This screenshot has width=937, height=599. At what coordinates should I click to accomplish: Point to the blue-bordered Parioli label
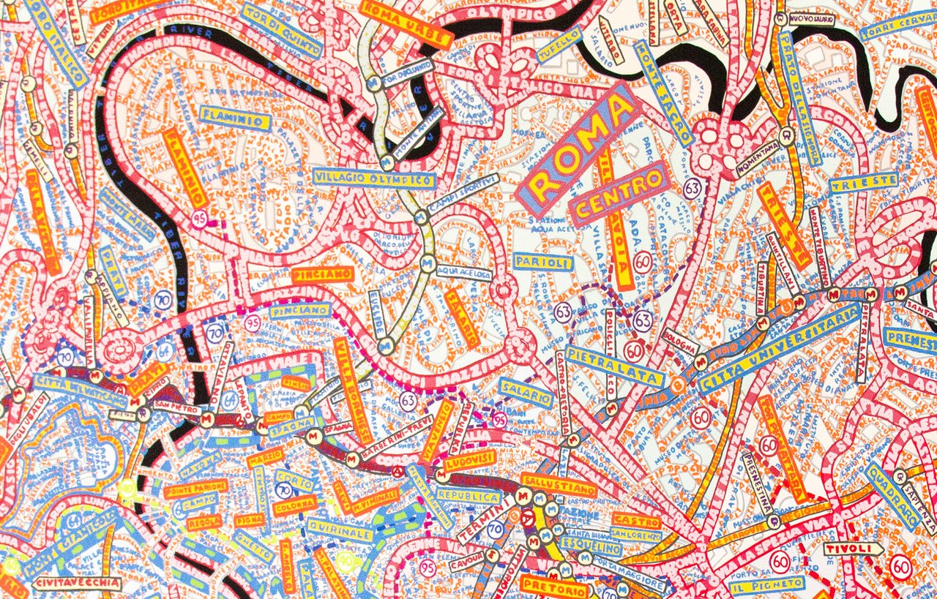click(x=542, y=261)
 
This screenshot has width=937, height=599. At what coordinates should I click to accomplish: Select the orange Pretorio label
click(x=554, y=587)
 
